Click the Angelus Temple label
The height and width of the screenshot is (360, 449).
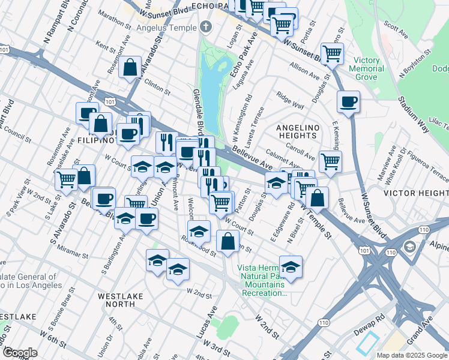click(x=166, y=28)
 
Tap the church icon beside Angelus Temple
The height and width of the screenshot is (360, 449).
click(x=206, y=27)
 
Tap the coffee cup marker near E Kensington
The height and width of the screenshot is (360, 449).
click(x=348, y=101)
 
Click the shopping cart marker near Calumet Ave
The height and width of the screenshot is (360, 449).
click(x=330, y=161)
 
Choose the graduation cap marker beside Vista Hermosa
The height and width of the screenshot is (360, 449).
click(x=291, y=267)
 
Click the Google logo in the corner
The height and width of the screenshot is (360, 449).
click(x=20, y=353)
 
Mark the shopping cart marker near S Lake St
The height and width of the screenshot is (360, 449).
click(x=66, y=178)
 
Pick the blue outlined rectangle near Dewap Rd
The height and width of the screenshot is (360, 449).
click(x=367, y=342)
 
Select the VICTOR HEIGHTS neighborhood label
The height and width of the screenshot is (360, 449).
click(x=415, y=193)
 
